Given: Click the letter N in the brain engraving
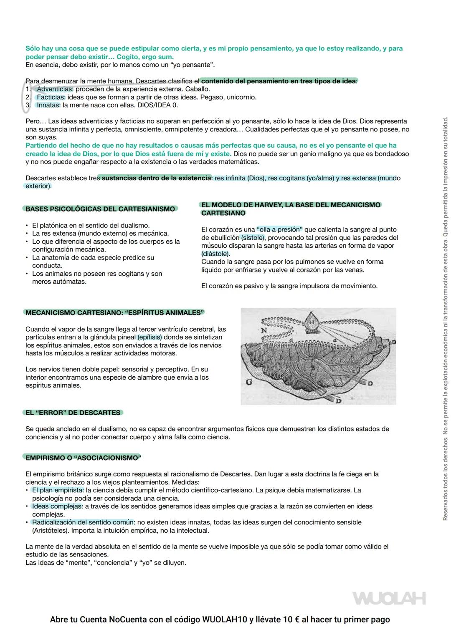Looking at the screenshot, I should pos(264,330).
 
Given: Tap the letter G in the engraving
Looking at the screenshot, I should pos(249,382).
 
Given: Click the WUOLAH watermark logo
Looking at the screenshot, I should pos(389,598).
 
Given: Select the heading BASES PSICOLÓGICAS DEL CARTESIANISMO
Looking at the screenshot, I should pos(100,209).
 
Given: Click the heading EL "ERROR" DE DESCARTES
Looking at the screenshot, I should pos(73,413).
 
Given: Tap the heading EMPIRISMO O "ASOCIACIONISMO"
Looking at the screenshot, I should pos(83,458).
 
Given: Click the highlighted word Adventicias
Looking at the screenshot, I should pos(55,89).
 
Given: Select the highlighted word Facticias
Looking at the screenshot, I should pos(51,97).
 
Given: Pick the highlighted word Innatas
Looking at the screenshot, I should pos(48,105).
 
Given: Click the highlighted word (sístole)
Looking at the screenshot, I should pos(253,238).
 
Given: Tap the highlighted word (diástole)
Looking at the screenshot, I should pos(215,254).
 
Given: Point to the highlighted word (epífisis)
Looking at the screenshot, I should pos(149,337).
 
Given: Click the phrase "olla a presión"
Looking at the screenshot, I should pos(280,229).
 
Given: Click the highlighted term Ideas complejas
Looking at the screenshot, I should pos(57,506).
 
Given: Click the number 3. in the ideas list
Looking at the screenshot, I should pos(28,105).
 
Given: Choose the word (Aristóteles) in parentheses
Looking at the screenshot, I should pos(51,531).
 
